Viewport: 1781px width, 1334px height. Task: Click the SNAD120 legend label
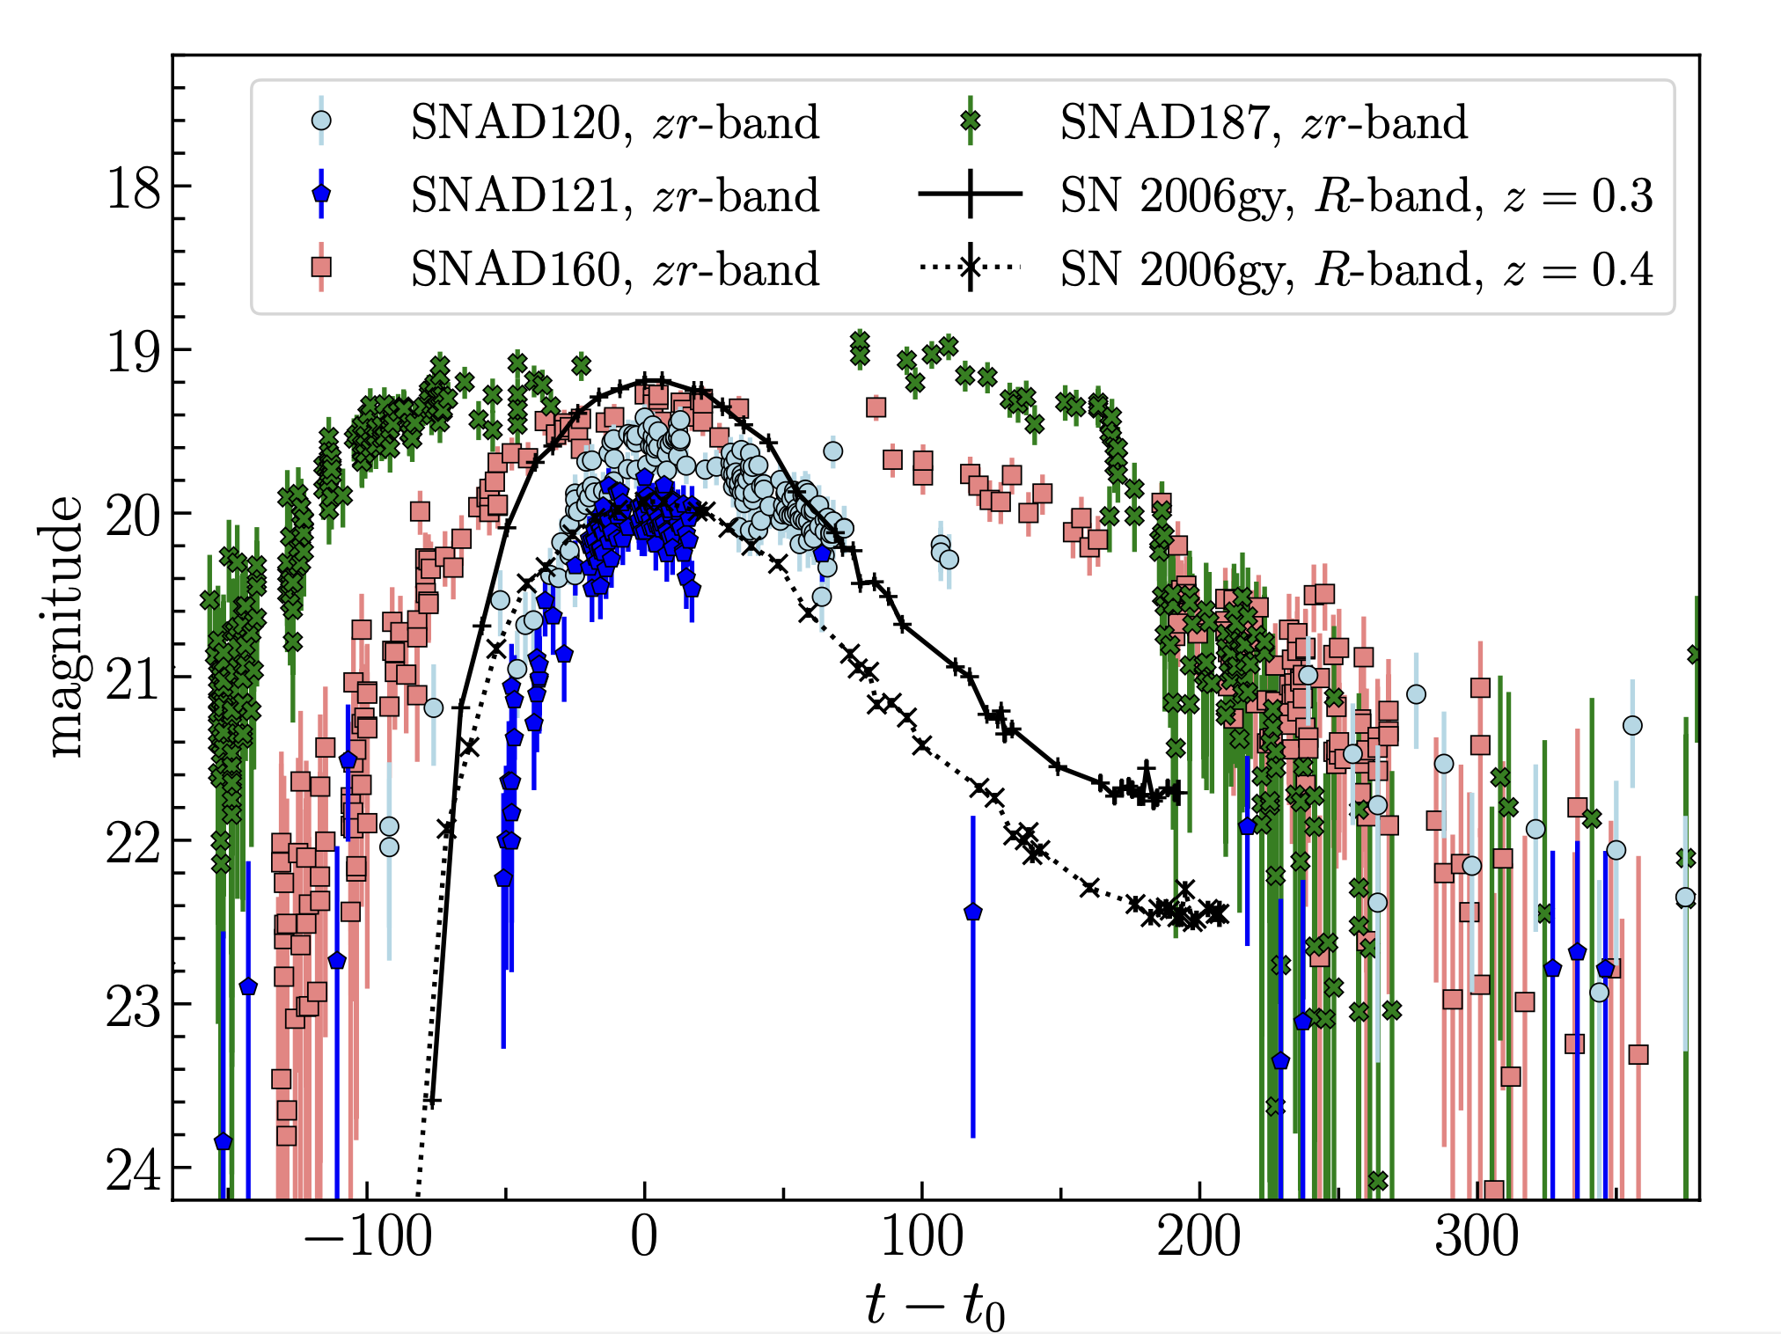[x=614, y=122]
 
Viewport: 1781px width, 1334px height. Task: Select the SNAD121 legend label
[x=614, y=195]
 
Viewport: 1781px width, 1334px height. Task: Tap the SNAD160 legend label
[x=614, y=269]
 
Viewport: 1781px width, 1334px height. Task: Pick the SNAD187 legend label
[x=1264, y=122]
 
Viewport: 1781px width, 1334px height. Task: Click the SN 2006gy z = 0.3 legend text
[x=1356, y=195]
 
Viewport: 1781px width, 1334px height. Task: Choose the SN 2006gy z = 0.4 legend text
[x=1356, y=269]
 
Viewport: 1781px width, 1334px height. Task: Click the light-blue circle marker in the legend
[x=322, y=121]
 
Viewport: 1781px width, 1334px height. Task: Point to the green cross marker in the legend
[x=970, y=121]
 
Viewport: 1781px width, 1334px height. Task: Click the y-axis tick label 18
[x=134, y=187]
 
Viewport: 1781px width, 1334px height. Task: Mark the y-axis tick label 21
[x=134, y=678]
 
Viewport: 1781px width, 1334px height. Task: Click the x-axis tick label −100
[x=368, y=1237]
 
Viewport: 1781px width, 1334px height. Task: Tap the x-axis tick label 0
[x=644, y=1237]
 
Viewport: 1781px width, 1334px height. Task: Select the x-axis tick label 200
[x=1198, y=1237]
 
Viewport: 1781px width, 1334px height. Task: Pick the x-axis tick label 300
[x=1477, y=1237]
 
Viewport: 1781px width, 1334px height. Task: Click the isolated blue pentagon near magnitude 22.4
[x=972, y=912]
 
